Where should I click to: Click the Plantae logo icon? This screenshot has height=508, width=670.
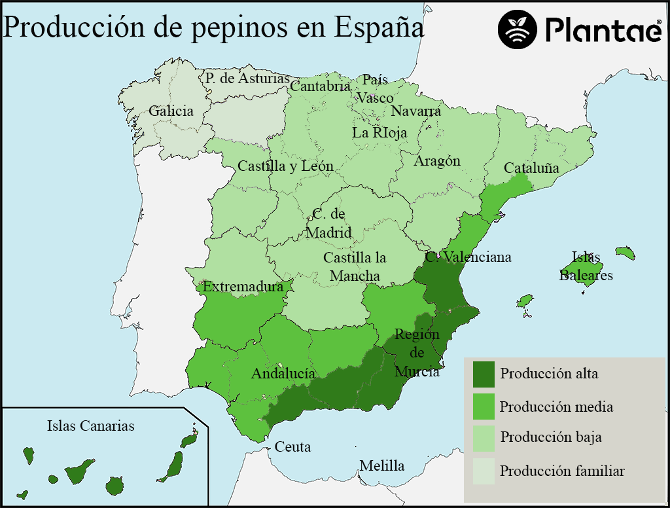[x=518, y=29]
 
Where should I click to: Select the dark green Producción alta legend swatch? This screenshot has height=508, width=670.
[x=484, y=374]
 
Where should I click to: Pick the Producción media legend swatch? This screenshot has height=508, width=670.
[x=484, y=407]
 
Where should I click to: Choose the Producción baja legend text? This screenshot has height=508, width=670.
[x=551, y=437]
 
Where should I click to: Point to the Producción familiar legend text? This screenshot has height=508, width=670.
[x=562, y=471]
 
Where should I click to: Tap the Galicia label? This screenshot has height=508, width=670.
[x=171, y=111]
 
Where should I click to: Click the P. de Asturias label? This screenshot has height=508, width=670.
[x=247, y=79]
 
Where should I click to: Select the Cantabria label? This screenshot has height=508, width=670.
[x=320, y=86]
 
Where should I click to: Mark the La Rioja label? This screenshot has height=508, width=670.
[x=379, y=132]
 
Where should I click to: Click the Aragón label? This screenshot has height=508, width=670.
[x=437, y=161]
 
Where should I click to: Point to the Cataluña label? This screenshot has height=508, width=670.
[x=531, y=168]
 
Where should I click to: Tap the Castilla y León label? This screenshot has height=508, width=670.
[x=285, y=166]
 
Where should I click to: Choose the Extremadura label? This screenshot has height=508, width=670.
[x=243, y=287]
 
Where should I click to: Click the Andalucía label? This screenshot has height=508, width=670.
[x=283, y=374]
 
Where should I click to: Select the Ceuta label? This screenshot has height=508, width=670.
[x=292, y=448]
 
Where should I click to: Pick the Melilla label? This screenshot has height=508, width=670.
[x=381, y=466]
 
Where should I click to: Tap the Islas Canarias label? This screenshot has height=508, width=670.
[x=90, y=426]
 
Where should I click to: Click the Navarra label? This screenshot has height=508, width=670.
[x=416, y=111]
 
